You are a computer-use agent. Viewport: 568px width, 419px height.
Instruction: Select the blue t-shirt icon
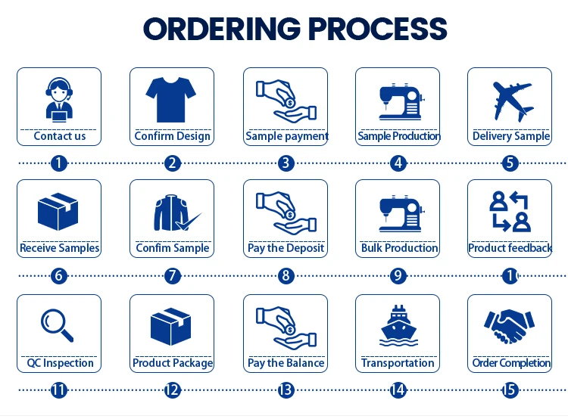tap(172, 98)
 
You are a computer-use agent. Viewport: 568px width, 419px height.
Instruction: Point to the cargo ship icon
tap(398, 325)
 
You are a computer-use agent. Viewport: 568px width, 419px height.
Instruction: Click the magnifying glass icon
tap(58, 324)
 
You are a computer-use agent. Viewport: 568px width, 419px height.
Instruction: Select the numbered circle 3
tap(286, 163)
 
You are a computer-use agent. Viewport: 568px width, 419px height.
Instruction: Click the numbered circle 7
tap(173, 275)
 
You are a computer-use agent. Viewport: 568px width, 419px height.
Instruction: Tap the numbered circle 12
tap(173, 390)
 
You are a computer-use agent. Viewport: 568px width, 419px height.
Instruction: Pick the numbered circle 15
tap(510, 390)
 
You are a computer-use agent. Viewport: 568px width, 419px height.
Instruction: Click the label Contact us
tap(59, 136)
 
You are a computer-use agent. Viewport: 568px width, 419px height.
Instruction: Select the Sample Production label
tap(398, 136)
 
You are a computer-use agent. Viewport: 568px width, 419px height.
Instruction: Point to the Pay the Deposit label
tap(286, 248)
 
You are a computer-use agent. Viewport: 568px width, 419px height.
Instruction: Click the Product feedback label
tap(510, 248)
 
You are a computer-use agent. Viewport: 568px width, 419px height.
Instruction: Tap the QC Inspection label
tap(59, 363)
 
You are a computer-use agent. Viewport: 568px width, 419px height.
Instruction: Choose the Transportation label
tap(398, 363)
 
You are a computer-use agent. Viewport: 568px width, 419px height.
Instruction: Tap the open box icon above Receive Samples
tap(58, 211)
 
